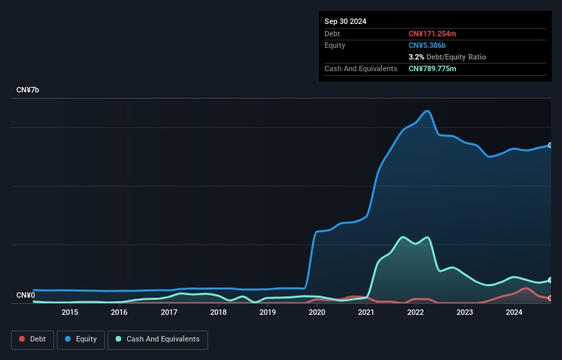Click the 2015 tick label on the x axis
[x=70, y=312]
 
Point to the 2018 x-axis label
[x=218, y=312]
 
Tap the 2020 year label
[x=317, y=312]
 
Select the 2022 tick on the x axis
[x=416, y=312]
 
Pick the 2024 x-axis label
[x=514, y=312]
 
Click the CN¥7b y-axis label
[x=27, y=90]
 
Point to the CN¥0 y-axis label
[x=26, y=295]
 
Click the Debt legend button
[x=33, y=339]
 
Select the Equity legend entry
[x=81, y=339]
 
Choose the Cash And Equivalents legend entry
[x=157, y=339]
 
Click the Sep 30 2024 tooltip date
[x=345, y=21]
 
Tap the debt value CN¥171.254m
[x=432, y=34]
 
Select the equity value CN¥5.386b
[x=427, y=45]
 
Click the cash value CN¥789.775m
[x=432, y=68]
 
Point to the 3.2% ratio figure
[x=416, y=57]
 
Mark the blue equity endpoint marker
[x=550, y=145]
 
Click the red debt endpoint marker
[x=550, y=298]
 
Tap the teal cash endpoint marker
[x=550, y=280]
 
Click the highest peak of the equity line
[x=427, y=111]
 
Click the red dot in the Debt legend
[x=22, y=339]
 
